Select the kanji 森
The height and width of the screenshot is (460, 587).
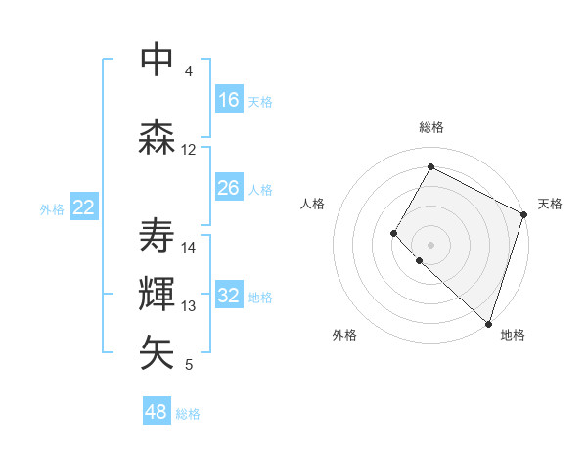pyautogui.click(x=157, y=136)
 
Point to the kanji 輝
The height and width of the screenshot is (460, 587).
pyautogui.click(x=157, y=293)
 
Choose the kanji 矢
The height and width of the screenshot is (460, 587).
pyautogui.click(x=157, y=352)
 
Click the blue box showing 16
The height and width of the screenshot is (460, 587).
pyautogui.click(x=228, y=100)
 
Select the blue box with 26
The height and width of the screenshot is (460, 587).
pyautogui.click(x=228, y=188)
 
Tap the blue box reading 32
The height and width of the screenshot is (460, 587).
pyautogui.click(x=228, y=297)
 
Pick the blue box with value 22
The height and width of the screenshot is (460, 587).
pyautogui.click(x=83, y=207)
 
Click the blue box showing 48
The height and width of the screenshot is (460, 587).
pyautogui.click(x=156, y=412)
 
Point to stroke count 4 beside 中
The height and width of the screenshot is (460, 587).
pyautogui.click(x=188, y=71)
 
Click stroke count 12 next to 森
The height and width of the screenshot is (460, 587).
pyautogui.click(x=188, y=150)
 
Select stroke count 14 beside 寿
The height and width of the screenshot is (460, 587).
pyautogui.click(x=189, y=248)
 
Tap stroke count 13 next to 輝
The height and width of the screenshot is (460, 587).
pyautogui.click(x=189, y=306)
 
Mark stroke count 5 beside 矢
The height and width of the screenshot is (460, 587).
pyautogui.click(x=188, y=365)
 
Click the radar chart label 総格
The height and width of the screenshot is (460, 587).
pyautogui.click(x=430, y=127)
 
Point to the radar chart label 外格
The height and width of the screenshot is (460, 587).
pyautogui.click(x=344, y=335)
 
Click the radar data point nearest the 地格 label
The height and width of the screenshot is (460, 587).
pyautogui.click(x=488, y=324)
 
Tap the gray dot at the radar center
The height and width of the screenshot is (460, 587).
pyautogui.click(x=430, y=244)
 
